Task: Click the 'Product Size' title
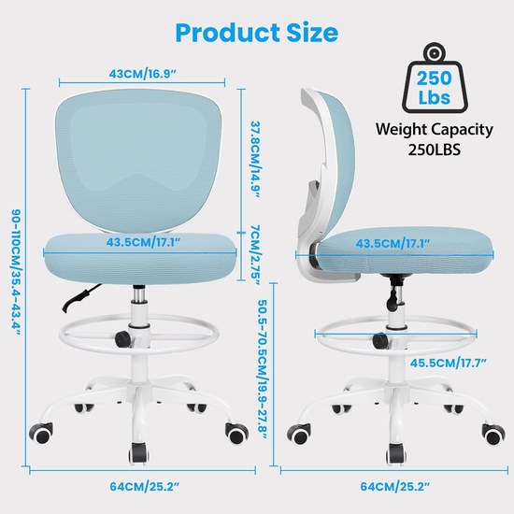point(257,33)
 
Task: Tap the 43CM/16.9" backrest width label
point(142,74)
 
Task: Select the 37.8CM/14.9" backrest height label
point(255,160)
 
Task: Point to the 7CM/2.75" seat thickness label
point(255,255)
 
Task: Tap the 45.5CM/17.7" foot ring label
point(448,363)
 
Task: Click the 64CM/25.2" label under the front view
point(145,487)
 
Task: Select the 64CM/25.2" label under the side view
point(394,487)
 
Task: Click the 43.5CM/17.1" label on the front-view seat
point(143,242)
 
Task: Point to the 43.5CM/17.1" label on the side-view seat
point(393,244)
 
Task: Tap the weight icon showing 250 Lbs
point(435,78)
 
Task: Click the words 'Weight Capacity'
point(435,130)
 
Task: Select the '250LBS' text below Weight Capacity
point(435,150)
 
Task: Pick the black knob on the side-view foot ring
point(380,340)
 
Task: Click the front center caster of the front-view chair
point(139,454)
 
